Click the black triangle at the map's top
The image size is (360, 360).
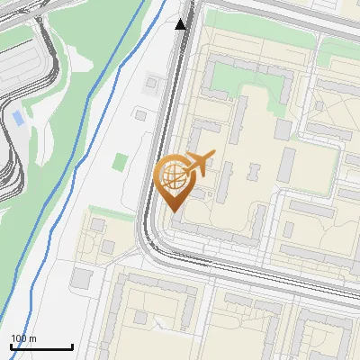tap(181, 24)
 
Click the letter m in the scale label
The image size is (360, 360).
tap(32, 338)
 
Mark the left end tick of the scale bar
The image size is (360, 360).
tap(11, 346)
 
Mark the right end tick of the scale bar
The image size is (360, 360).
tap(72, 346)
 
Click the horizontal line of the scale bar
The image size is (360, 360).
tap(41, 347)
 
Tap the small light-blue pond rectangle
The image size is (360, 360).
tap(19, 118)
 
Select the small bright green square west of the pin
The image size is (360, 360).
tap(121, 162)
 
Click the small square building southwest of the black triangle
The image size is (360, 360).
tap(150, 84)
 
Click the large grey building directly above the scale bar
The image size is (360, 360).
tap(81, 279)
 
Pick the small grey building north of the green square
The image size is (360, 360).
tap(139, 115)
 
